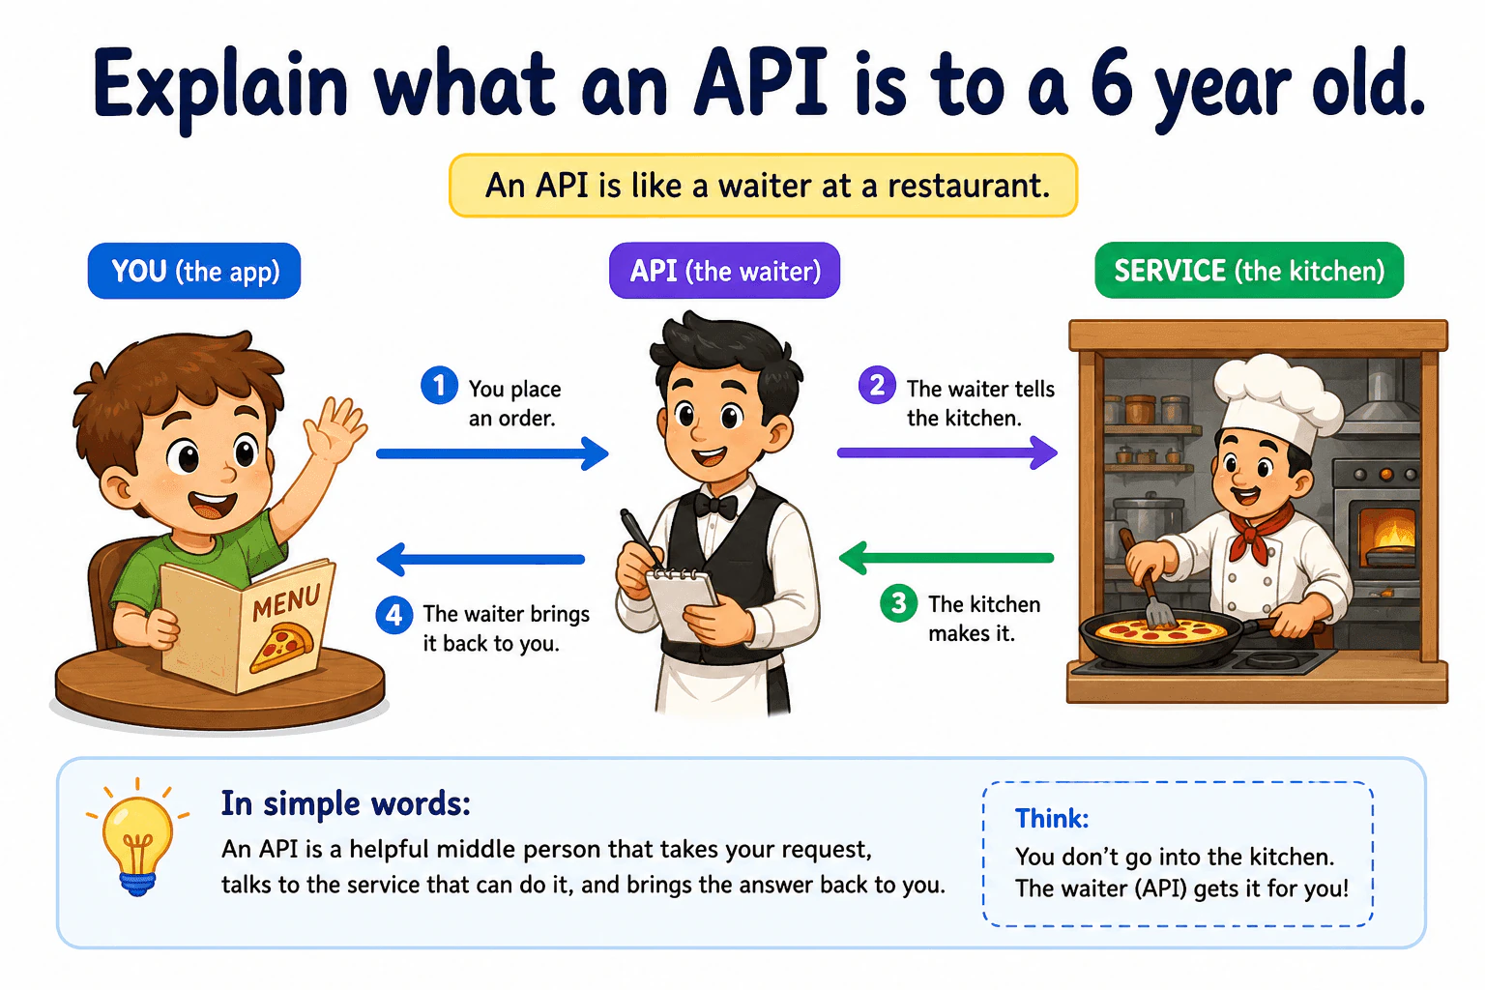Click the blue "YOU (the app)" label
pos(194,272)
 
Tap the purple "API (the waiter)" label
pos(724,271)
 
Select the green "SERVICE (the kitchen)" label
pos(1249,271)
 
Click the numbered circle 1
pos(439,385)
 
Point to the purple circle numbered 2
pos(877,385)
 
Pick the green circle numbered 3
pos(898,602)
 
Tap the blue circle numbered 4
pos(394,615)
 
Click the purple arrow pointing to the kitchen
pos(947,452)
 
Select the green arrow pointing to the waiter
pos(946,558)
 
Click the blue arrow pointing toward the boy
pos(480,559)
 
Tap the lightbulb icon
pos(137,838)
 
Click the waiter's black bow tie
pos(715,506)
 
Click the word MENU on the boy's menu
pos(286,600)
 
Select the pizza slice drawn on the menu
pos(281,647)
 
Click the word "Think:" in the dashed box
pos(1052,818)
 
